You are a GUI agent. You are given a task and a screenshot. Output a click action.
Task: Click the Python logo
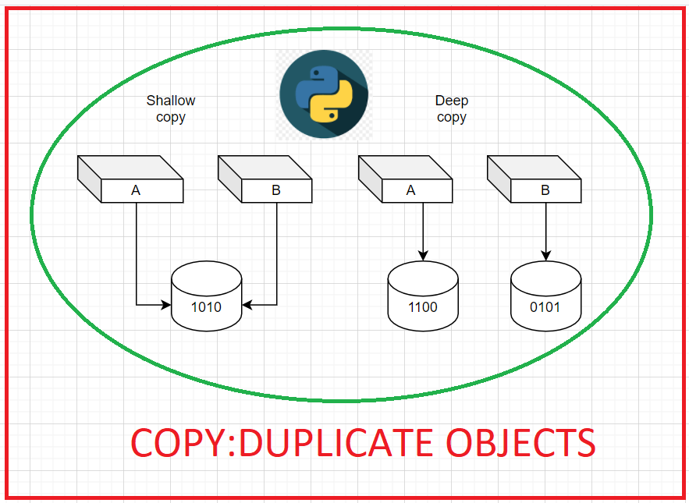pyautogui.click(x=324, y=94)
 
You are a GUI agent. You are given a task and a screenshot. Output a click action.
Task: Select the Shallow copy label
pyautogui.click(x=171, y=109)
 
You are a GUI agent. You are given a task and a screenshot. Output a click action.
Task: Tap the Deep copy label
pyautogui.click(x=451, y=109)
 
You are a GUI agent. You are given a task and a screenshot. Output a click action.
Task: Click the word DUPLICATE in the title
pyautogui.click(x=337, y=442)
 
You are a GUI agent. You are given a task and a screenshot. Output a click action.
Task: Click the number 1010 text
pyautogui.click(x=206, y=307)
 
